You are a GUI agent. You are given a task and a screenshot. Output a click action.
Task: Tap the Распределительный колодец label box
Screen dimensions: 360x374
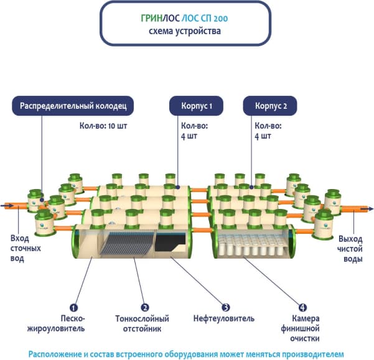[74, 106]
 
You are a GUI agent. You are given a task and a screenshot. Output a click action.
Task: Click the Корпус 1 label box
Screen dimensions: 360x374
[196, 106]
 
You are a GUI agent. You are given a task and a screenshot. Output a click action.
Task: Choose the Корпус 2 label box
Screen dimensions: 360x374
[271, 106]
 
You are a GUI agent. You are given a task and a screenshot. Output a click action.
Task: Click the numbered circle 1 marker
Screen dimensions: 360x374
[73, 307]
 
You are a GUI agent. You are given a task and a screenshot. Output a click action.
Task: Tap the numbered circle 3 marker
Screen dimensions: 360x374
[227, 307]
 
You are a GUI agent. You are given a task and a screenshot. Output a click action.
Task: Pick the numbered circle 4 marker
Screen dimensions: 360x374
[302, 307]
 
